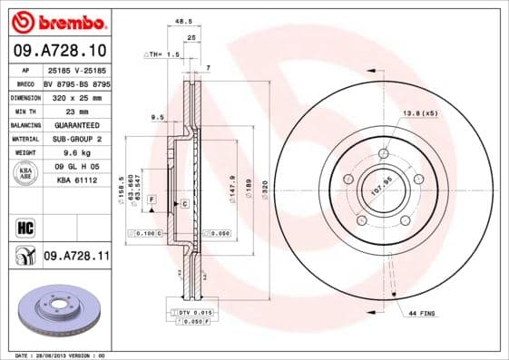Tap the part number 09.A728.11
76,257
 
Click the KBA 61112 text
76,181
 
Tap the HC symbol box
24,226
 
